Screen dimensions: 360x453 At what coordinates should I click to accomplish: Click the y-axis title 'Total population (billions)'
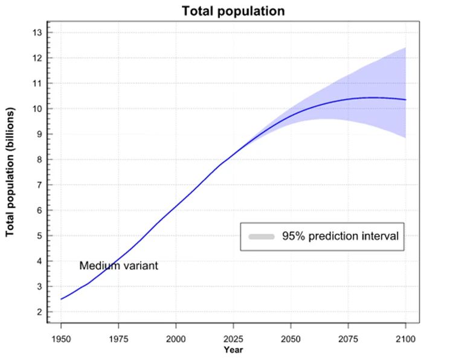click(x=11, y=172)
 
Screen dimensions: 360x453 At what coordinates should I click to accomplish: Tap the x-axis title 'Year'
click(x=233, y=350)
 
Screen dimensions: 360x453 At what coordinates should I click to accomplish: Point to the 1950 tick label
click(x=61, y=338)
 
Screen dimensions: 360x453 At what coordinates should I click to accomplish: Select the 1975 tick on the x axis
click(x=118, y=338)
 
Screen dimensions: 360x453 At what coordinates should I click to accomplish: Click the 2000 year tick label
click(x=176, y=338)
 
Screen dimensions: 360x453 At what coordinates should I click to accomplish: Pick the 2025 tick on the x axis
click(x=233, y=338)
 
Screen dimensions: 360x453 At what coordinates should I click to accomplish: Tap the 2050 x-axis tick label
click(x=291, y=338)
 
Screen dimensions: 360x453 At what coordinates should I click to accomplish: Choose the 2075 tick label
click(x=348, y=338)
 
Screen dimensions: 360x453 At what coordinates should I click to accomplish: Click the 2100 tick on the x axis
click(x=405, y=338)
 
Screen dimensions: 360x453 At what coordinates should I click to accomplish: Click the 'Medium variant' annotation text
click(x=118, y=266)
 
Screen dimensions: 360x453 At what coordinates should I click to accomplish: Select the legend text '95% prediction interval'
click(x=340, y=236)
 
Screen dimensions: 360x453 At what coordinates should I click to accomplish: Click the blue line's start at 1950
click(x=61, y=299)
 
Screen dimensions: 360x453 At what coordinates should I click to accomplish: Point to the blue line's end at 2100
click(x=405, y=100)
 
